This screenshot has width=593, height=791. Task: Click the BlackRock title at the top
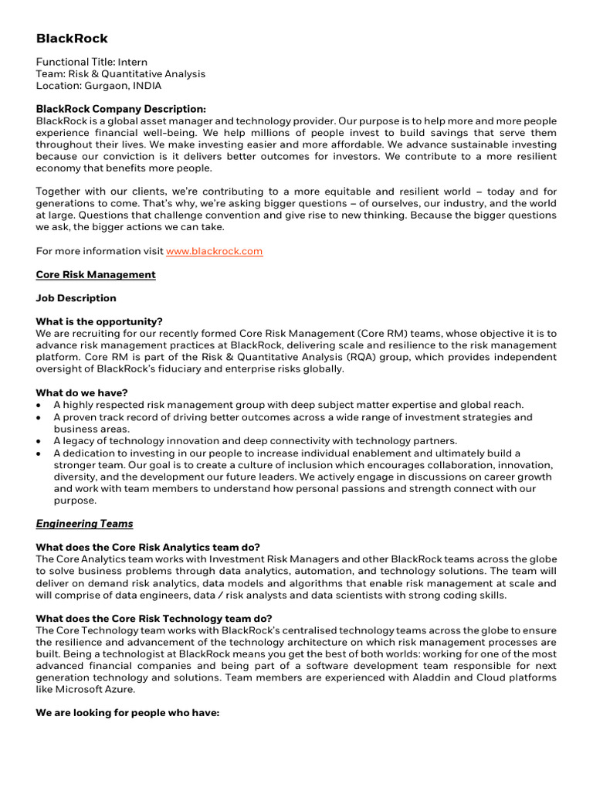[x=72, y=39]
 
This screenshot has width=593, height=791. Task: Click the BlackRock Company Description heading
[x=121, y=110]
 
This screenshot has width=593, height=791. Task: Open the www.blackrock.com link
[x=215, y=251]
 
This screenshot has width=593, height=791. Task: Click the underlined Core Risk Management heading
[x=96, y=274]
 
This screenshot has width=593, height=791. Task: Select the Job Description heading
[x=76, y=298]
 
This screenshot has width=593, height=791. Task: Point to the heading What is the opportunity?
[x=100, y=321]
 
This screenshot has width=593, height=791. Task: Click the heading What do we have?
[x=82, y=392]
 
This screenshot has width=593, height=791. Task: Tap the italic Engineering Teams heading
[x=84, y=524]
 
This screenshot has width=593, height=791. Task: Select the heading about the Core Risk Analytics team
[x=148, y=547]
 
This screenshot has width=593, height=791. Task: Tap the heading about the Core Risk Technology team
[x=154, y=618]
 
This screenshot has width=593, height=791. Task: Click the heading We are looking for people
[x=128, y=713]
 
